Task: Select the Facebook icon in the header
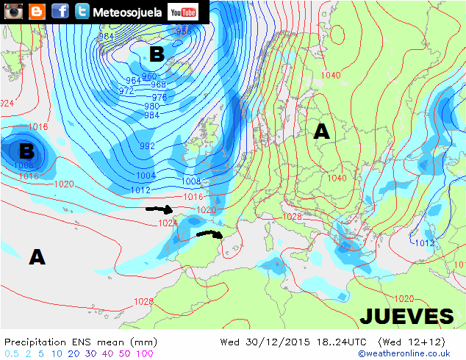tap(60, 11)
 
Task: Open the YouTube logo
tap(183, 12)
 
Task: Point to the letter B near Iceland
tap(157, 54)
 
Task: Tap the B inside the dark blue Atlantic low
tap(26, 151)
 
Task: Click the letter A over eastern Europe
tap(321, 132)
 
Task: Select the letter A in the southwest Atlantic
tap(37, 256)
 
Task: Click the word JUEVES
tap(406, 317)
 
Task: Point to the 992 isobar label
tap(147, 146)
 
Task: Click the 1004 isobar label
tap(146, 176)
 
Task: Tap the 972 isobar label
tap(126, 91)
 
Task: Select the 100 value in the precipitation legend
tap(145, 353)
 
